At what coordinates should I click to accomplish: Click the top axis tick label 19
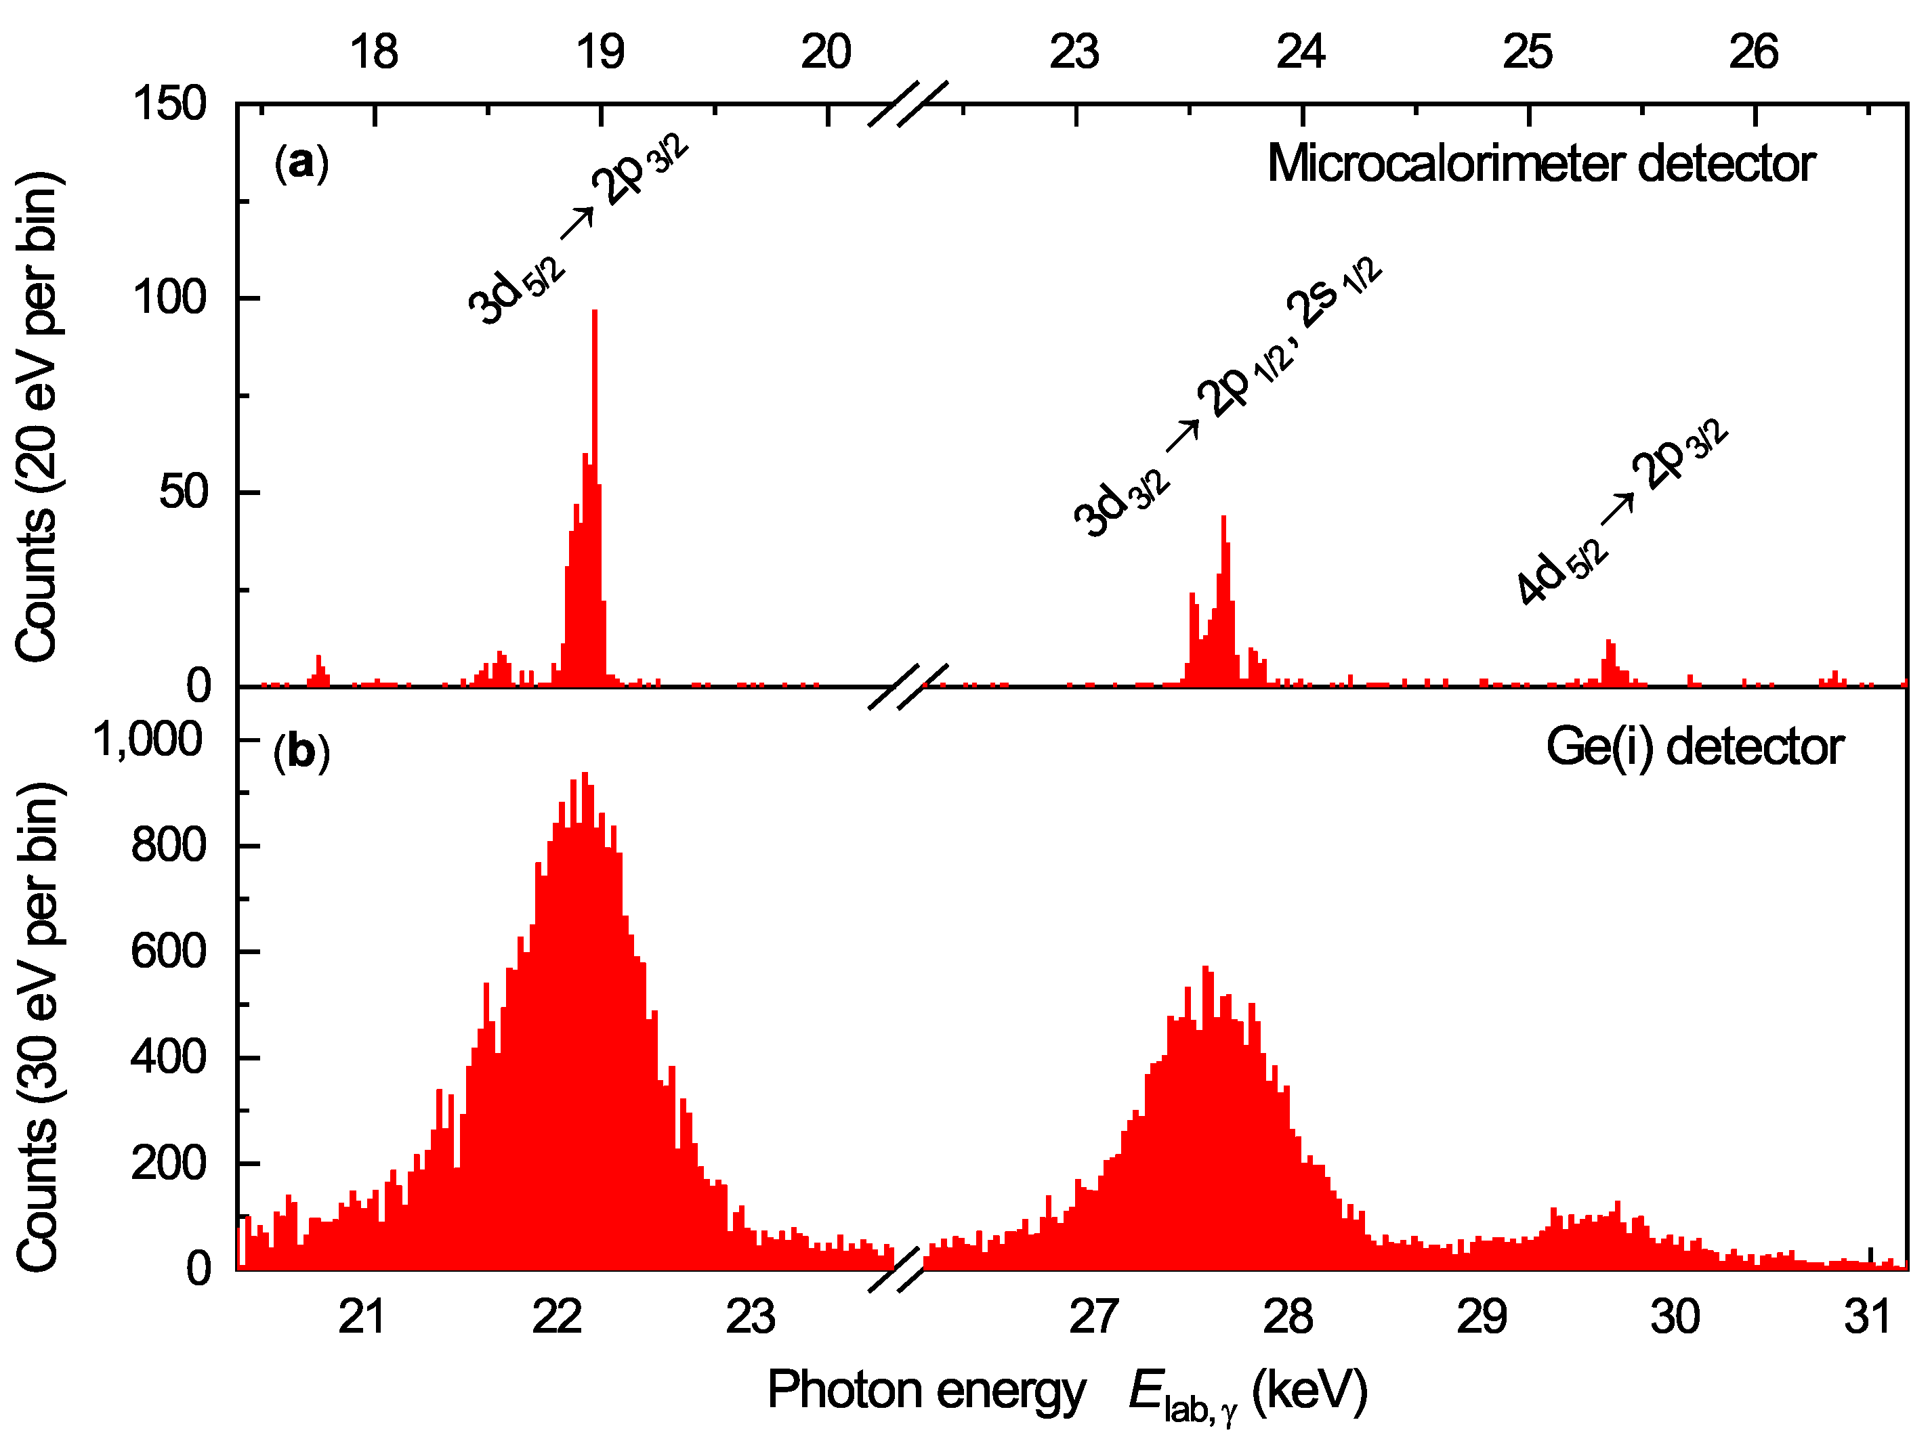pyautogui.click(x=600, y=52)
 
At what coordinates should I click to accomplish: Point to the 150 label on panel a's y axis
pyautogui.click(x=170, y=104)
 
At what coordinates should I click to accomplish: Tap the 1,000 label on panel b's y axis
pyautogui.click(x=148, y=740)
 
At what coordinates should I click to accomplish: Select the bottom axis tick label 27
pyautogui.click(x=1093, y=1316)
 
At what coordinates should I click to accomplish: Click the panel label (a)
pyautogui.click(x=301, y=163)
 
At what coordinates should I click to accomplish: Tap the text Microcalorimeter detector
pyautogui.click(x=1540, y=164)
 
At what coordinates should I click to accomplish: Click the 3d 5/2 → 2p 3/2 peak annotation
pyautogui.click(x=578, y=231)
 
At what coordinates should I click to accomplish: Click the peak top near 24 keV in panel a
pyautogui.click(x=1223, y=518)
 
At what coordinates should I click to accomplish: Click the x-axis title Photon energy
pyautogui.click(x=926, y=1390)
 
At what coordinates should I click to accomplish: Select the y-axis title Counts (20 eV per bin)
pyautogui.click(x=37, y=416)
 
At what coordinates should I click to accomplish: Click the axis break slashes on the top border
pyautogui.click(x=907, y=104)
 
